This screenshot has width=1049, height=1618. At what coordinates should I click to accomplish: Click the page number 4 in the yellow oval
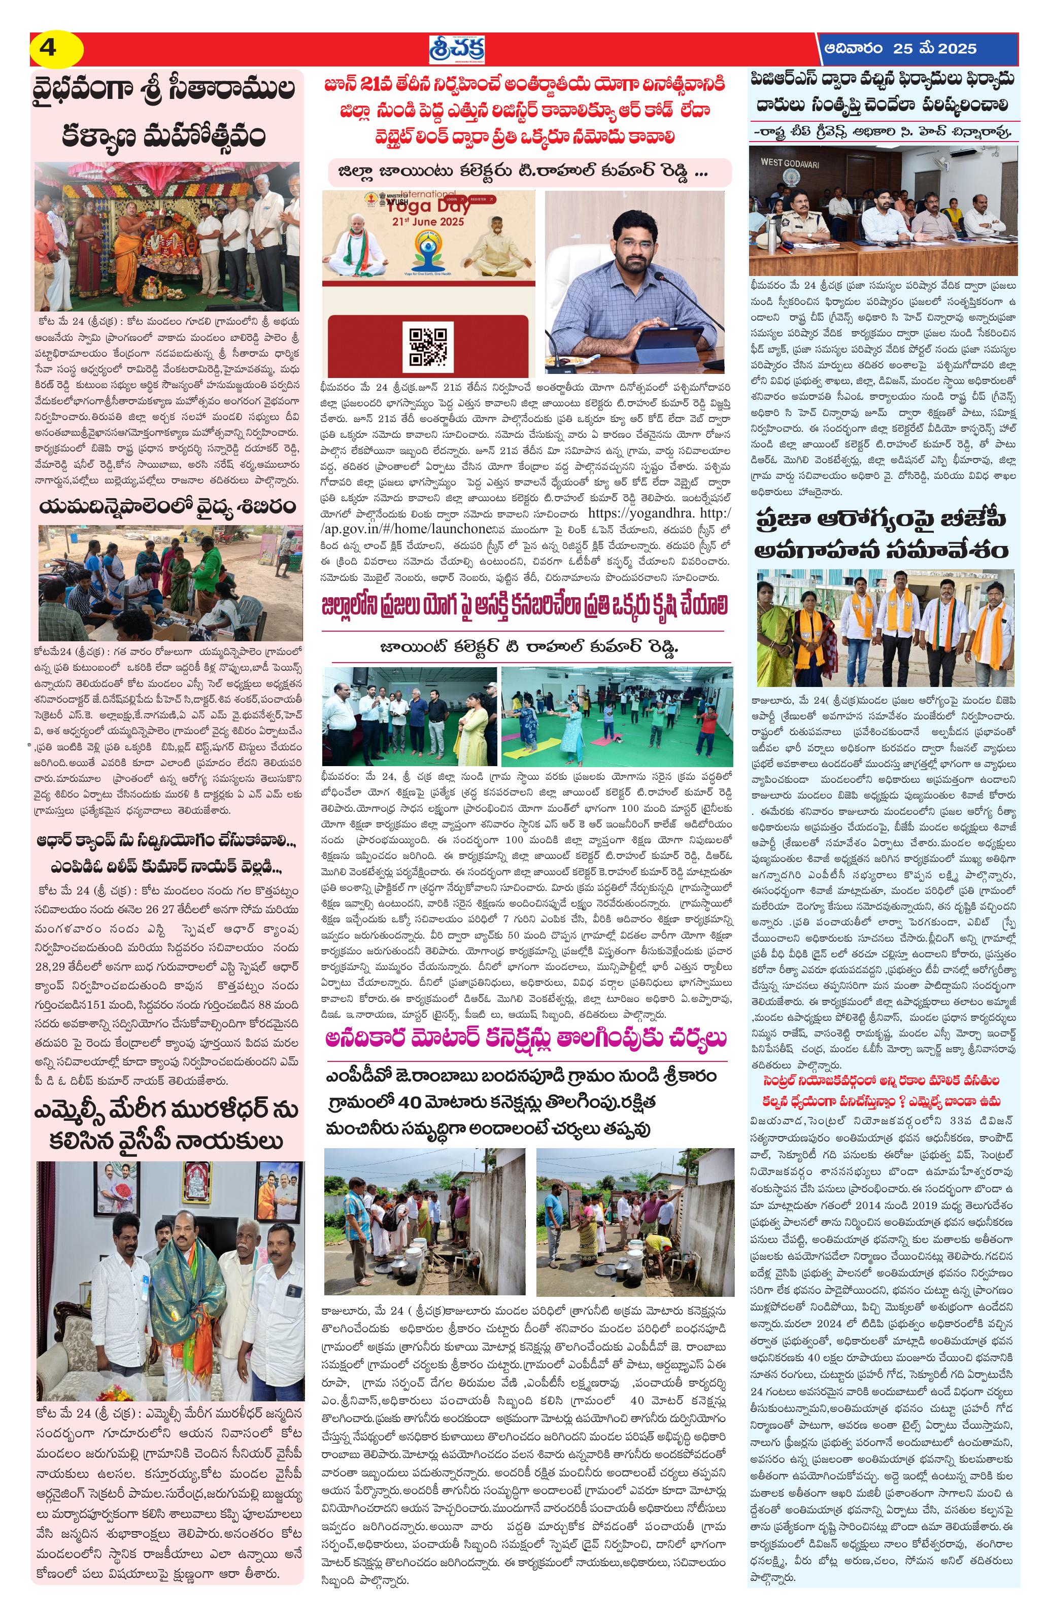coord(49,49)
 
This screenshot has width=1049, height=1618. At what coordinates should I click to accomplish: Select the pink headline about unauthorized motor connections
coord(526,1039)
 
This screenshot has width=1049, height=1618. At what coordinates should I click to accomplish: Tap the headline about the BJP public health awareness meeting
coord(884,535)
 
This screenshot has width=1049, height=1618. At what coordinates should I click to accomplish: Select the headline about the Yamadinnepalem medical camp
coord(168,506)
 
